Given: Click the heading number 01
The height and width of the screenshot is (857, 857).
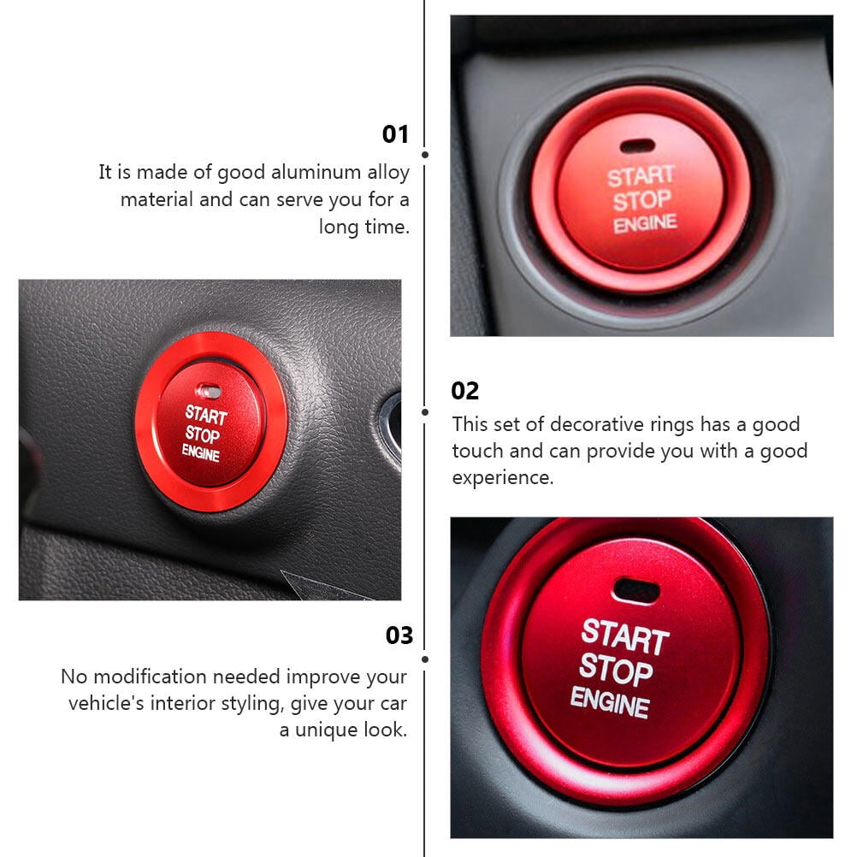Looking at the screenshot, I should point(395,134).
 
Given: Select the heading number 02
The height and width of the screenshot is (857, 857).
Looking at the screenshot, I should point(465,391).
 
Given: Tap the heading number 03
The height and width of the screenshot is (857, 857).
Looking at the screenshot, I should point(399,635).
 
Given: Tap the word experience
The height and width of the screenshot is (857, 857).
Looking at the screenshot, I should point(503,478).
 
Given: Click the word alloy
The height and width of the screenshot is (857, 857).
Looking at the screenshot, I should point(388,173).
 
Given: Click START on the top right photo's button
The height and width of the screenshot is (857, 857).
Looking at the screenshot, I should point(641,177).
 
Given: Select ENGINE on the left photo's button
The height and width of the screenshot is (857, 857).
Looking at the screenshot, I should point(201,453).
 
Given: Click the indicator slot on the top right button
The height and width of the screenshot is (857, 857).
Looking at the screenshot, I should point(637,146).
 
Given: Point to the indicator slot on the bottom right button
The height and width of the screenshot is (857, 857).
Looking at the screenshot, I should point(636,589).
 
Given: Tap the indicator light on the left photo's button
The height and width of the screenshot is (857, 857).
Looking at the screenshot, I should point(208,391).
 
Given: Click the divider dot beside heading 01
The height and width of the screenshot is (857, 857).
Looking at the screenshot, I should point(425,155).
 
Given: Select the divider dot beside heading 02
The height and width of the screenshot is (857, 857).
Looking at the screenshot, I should point(425,411).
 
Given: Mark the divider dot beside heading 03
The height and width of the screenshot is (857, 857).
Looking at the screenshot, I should point(425,659).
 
